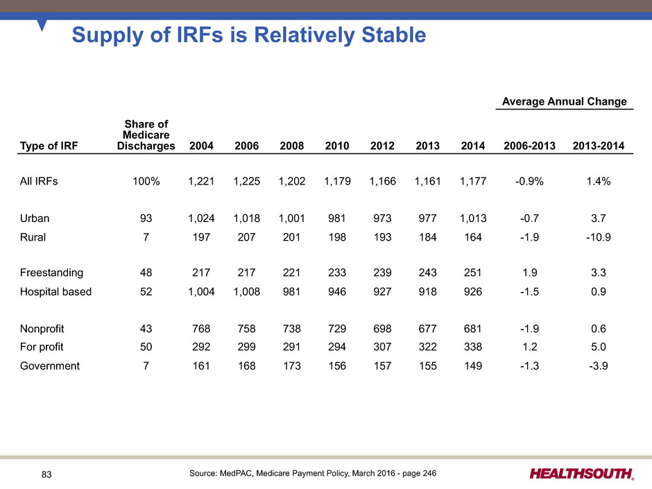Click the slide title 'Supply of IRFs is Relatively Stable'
[248, 35]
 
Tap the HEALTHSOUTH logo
[581, 474]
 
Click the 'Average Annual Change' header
[564, 102]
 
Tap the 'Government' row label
[49, 366]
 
